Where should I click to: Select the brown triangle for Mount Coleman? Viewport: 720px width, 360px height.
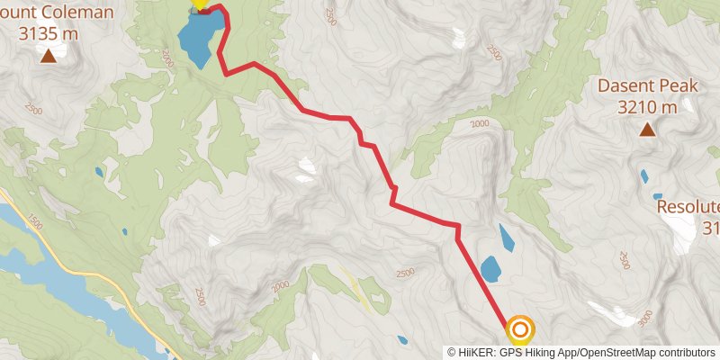coord(48,57)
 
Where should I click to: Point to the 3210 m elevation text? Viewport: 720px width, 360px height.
coord(647,107)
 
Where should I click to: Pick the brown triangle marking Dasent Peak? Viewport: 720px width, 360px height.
coord(647,130)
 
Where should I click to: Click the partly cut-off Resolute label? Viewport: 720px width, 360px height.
coord(688,206)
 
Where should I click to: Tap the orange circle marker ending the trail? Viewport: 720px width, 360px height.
coord(520,330)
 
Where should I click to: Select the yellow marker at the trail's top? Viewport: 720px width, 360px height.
coord(201,4)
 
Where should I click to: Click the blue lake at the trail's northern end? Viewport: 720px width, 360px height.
coord(197,39)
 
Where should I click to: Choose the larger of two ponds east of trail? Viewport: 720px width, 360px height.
coord(490,268)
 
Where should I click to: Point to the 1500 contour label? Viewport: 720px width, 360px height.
coord(35,220)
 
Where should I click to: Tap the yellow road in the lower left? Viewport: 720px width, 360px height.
coord(108,280)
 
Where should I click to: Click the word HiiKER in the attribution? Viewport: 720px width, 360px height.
coord(476,352)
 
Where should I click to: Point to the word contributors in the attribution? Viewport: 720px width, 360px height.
coord(684,352)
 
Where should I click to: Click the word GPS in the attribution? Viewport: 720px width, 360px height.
coord(512,352)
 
